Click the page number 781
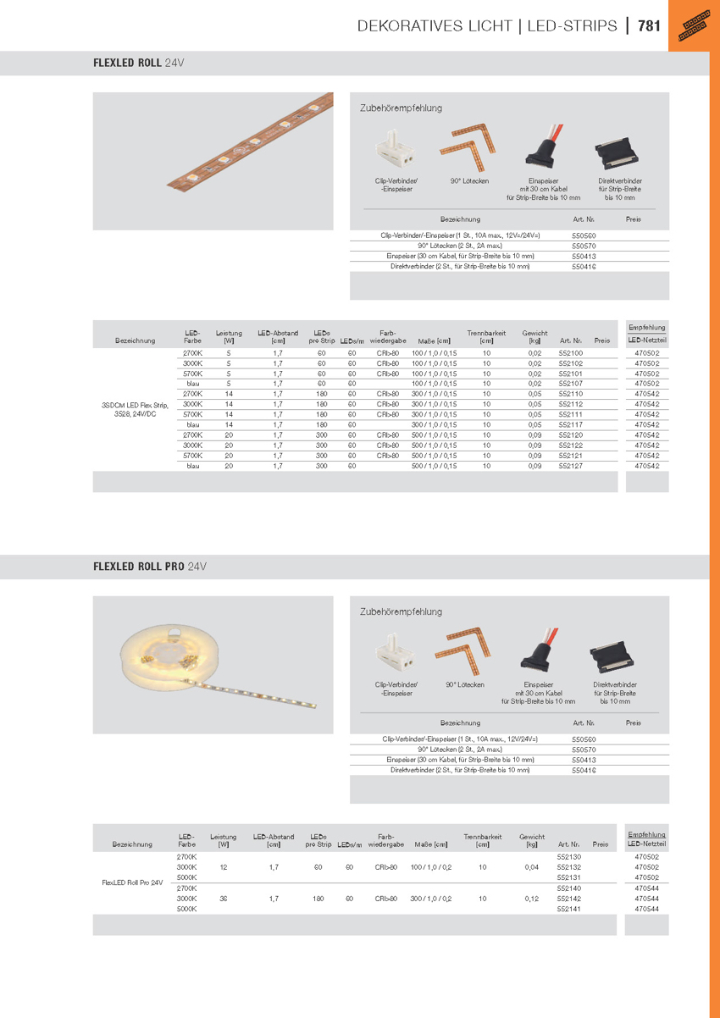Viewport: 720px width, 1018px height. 649,25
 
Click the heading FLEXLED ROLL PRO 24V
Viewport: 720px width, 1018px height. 150,566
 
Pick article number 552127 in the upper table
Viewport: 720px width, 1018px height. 571,466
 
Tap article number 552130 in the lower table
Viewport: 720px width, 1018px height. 568,857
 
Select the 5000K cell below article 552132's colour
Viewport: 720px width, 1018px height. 186,877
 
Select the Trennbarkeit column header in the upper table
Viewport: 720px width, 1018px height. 486,337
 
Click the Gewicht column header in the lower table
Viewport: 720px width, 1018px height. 531,840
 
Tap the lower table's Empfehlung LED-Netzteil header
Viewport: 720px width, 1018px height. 646,839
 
